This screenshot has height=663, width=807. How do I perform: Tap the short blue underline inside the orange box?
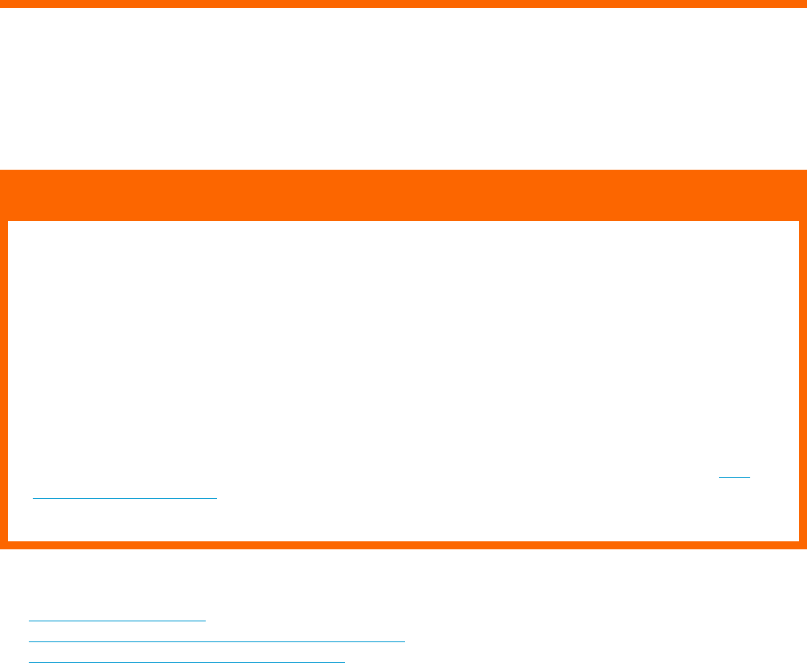point(735,477)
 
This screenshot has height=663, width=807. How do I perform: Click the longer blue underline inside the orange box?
point(125,497)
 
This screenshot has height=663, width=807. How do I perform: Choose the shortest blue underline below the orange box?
point(117,620)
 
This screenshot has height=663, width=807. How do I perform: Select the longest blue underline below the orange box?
point(216,641)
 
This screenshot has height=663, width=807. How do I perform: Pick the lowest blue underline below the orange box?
point(186,661)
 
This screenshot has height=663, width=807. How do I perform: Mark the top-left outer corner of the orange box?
point(1,171)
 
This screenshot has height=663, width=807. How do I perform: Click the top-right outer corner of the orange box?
point(805,171)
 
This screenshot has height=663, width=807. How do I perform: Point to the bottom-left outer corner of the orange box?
point(1,548)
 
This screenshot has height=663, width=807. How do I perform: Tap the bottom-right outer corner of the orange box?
point(805,548)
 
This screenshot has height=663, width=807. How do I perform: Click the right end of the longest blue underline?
point(405,641)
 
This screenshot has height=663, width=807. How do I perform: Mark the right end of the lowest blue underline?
point(344,661)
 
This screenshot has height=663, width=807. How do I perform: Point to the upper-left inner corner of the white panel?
point(9,222)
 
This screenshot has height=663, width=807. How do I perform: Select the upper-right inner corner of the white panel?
point(798,222)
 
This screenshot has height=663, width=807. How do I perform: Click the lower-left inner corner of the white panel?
point(9,540)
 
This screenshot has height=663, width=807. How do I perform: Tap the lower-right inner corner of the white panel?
point(798,540)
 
